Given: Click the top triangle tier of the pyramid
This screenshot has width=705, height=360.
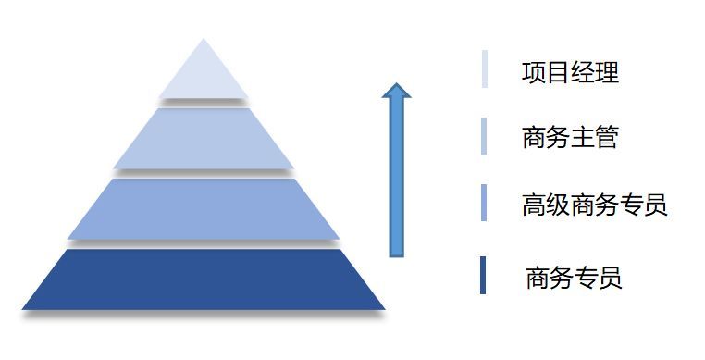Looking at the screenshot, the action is pyautogui.click(x=204, y=74).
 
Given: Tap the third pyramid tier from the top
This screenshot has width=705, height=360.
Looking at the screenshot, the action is pyautogui.click(x=204, y=208).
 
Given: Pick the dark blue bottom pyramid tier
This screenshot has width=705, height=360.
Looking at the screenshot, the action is pyautogui.click(x=204, y=279).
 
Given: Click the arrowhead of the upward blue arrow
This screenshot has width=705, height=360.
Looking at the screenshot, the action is pyautogui.click(x=396, y=91).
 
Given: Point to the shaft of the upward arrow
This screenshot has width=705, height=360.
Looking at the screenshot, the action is pyautogui.click(x=396, y=176).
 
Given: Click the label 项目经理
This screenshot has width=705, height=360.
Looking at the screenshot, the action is pyautogui.click(x=570, y=72).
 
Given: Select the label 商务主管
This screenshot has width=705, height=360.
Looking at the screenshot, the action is pyautogui.click(x=570, y=138).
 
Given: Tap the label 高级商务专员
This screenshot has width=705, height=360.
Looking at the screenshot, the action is pyautogui.click(x=594, y=205).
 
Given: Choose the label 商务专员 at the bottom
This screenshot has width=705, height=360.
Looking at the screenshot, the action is pyautogui.click(x=574, y=277).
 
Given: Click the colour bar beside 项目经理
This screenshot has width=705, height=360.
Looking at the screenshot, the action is pyautogui.click(x=484, y=69).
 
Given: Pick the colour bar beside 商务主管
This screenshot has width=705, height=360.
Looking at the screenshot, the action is pyautogui.click(x=484, y=136).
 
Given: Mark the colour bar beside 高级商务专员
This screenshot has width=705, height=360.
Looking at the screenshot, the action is pyautogui.click(x=484, y=204).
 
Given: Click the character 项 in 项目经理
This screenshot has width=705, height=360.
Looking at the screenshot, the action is pyautogui.click(x=533, y=72).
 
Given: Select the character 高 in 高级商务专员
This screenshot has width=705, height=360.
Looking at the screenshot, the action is pyautogui.click(x=534, y=205).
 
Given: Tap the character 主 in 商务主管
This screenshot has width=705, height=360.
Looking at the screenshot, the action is pyautogui.click(x=582, y=138).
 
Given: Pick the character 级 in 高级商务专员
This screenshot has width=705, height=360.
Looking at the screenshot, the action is pyautogui.click(x=558, y=205).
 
